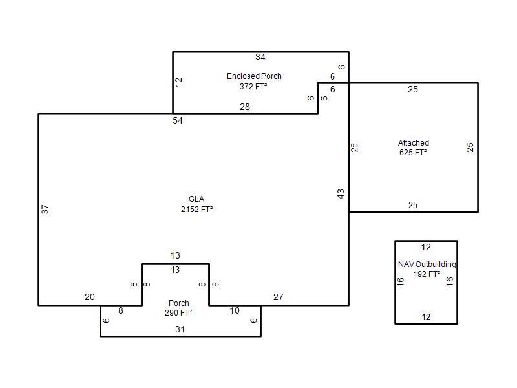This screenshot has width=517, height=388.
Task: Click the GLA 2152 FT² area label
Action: click(197, 204)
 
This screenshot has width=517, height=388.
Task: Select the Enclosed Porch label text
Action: click(254, 76)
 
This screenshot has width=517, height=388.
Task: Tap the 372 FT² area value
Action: click(253, 87)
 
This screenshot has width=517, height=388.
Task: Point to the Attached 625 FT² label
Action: click(414, 147)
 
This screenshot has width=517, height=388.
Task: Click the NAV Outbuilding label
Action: click(427, 264)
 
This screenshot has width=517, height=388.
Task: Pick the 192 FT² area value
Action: click(427, 274)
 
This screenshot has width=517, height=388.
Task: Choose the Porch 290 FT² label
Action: click(179, 308)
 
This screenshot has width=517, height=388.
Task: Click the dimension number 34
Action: click(260, 57)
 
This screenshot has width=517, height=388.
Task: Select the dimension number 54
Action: click(177, 120)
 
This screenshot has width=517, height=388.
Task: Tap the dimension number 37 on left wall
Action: click(45, 210)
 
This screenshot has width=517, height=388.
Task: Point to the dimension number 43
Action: click(341, 194)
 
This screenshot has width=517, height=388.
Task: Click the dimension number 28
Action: click(245, 107)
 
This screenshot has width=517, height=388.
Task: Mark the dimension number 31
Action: click(180, 329)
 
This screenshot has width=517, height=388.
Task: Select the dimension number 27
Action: click(279, 297)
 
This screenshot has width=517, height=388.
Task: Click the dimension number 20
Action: click(90, 297)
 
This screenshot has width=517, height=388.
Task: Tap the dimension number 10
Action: click(235, 310)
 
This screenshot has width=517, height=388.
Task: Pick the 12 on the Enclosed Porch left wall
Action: click(178, 82)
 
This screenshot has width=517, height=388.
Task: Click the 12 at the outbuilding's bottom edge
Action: click(426, 317)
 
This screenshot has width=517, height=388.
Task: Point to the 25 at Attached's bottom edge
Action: click(413, 205)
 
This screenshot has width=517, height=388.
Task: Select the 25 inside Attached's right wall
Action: click(470, 147)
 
